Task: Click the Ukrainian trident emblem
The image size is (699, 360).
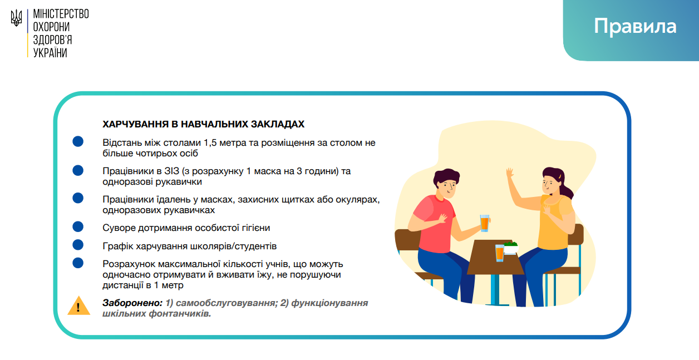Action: click(x=16, y=18)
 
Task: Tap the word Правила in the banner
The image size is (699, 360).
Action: click(x=634, y=27)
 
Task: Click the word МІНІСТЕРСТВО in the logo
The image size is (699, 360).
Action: click(x=61, y=14)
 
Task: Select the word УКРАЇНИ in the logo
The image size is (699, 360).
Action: click(x=50, y=53)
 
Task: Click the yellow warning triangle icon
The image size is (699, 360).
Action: click(x=78, y=305)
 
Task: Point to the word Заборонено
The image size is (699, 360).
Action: click(x=132, y=303)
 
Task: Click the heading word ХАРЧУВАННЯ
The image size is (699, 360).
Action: click(x=135, y=124)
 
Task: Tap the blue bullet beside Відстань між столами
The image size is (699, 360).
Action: click(x=78, y=141)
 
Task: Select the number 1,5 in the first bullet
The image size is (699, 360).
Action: click(x=210, y=143)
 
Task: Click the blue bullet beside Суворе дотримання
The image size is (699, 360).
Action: click(x=78, y=226)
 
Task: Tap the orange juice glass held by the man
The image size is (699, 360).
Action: click(x=485, y=223)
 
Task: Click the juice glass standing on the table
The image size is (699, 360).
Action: click(x=500, y=253)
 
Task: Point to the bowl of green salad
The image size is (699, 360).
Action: click(x=511, y=248)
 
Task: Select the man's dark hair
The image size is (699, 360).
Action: click(x=446, y=177)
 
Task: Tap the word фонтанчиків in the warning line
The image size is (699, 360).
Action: click(x=180, y=313)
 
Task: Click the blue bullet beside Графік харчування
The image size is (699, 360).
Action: click(x=78, y=245)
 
